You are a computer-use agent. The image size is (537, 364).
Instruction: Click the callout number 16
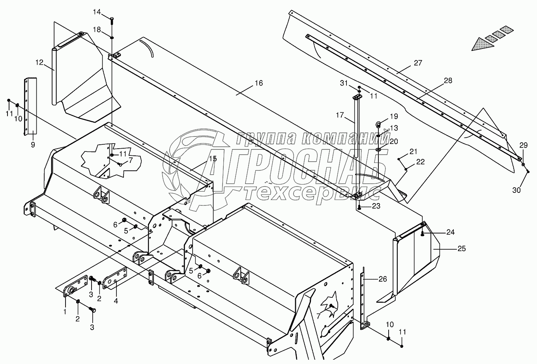[x=258, y=83]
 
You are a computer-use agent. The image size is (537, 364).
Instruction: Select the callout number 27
[x=418, y=63]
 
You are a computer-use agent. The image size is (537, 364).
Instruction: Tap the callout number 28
[x=448, y=81]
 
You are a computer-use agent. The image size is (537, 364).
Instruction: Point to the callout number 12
[x=39, y=62]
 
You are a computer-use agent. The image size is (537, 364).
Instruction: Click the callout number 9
[x=33, y=145]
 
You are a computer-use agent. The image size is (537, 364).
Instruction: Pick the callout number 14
[x=97, y=12]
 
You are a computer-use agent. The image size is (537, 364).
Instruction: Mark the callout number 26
[x=382, y=279]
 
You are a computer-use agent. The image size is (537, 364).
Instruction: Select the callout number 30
[x=516, y=190]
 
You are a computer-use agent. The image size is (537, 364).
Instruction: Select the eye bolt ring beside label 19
[x=378, y=125]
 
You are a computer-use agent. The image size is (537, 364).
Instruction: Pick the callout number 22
[x=420, y=161]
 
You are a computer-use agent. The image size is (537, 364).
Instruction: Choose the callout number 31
[x=344, y=83]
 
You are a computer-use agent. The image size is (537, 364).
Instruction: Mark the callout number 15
[x=213, y=159]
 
